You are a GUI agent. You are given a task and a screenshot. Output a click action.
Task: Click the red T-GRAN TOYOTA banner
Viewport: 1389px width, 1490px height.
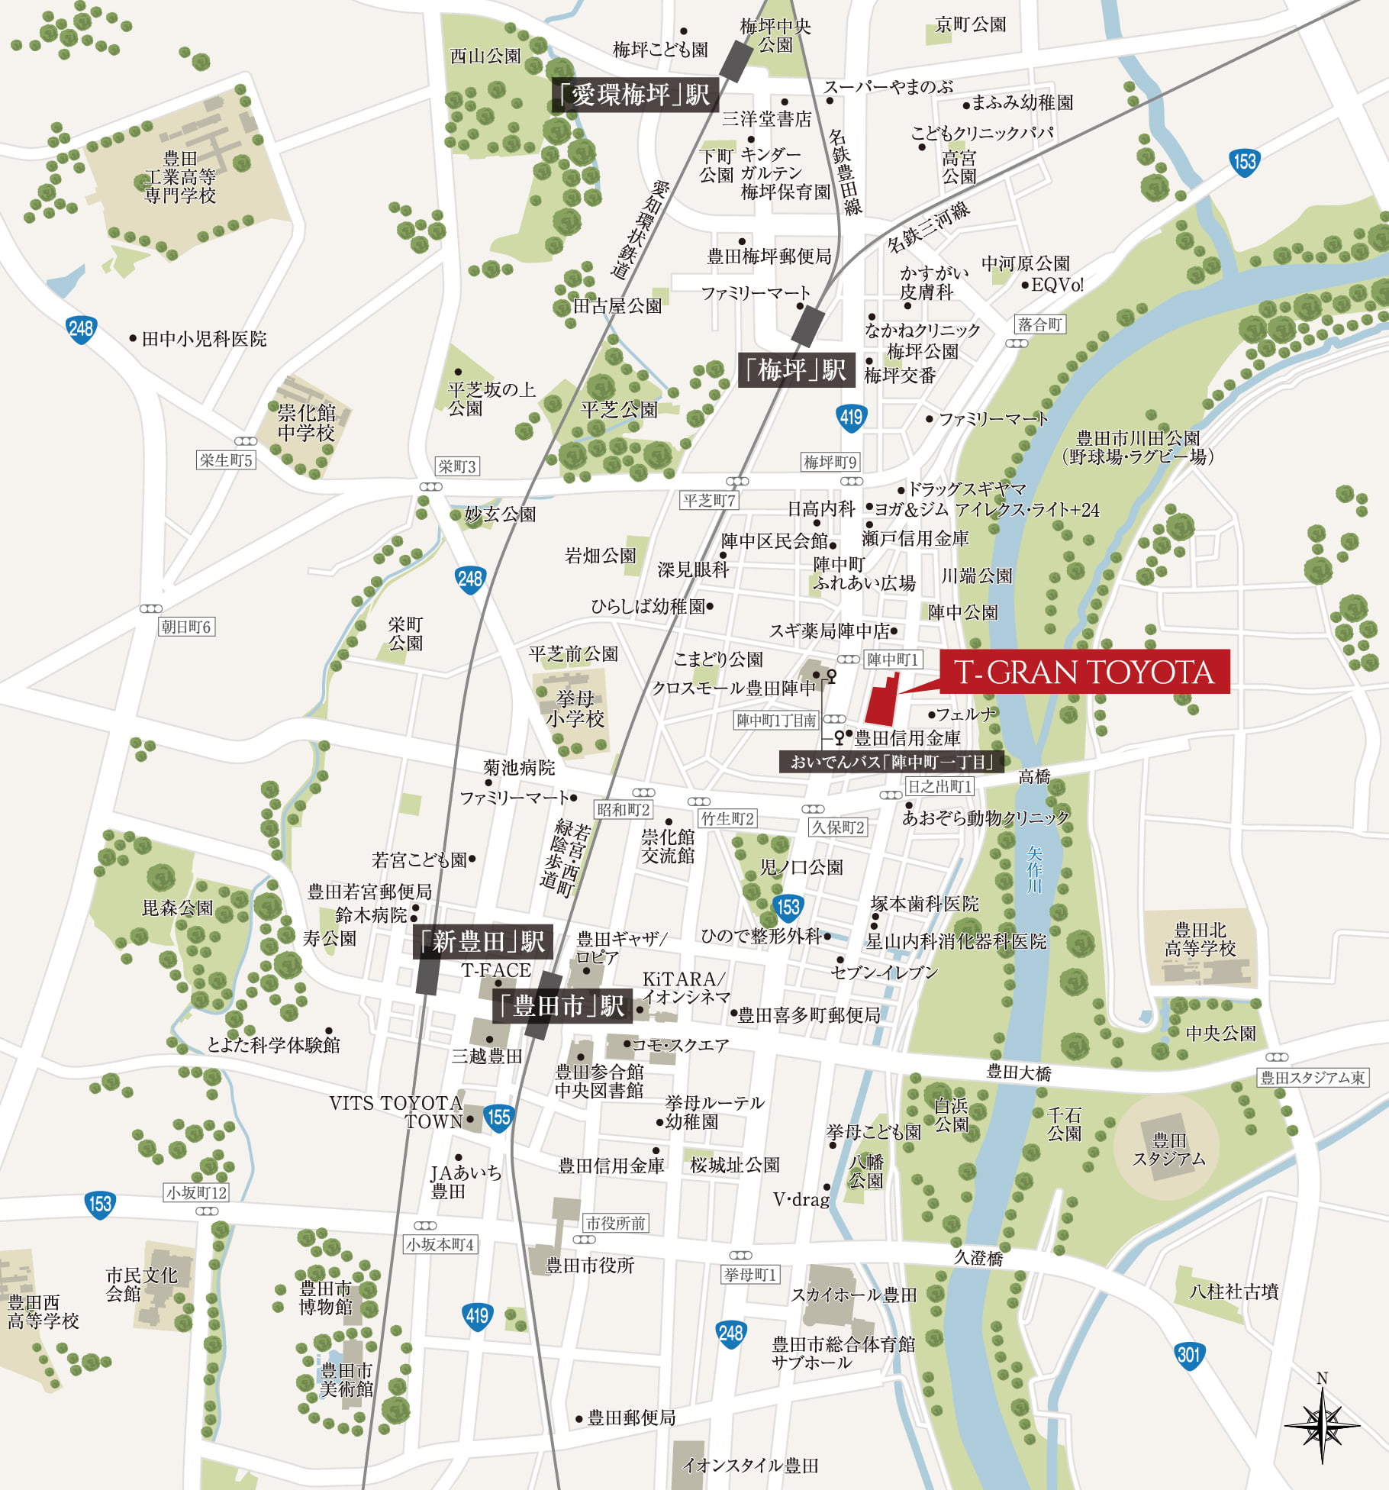(1084, 672)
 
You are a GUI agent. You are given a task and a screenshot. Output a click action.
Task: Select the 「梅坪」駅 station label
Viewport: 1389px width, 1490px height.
(796, 370)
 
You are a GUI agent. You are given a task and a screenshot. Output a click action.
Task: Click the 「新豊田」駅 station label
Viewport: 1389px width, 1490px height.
(482, 942)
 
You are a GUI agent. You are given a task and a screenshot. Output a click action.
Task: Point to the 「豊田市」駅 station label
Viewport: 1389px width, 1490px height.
(562, 1006)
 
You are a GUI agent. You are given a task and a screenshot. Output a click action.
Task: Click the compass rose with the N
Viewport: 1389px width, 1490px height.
(1322, 1424)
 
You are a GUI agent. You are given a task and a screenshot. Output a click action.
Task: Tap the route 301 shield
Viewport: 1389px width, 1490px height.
(1188, 1355)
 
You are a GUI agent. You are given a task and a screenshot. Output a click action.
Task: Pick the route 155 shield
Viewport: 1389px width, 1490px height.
(498, 1117)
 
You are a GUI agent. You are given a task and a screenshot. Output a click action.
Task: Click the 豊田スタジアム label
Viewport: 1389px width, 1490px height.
(1168, 1150)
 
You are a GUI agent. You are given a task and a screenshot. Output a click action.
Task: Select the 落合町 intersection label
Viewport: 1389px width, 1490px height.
(1039, 324)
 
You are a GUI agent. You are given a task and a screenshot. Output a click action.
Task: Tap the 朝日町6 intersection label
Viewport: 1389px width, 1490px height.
(186, 627)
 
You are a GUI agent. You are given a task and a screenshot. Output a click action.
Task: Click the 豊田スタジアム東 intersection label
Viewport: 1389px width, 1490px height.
(1313, 1077)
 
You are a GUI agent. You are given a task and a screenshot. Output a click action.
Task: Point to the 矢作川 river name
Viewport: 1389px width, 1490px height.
(1034, 869)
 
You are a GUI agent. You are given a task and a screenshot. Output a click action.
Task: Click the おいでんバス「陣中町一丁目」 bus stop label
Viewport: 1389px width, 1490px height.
(891, 761)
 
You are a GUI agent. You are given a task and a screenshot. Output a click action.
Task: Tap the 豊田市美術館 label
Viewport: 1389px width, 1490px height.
(346, 1379)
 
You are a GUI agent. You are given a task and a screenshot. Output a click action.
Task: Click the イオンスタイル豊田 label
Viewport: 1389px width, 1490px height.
(750, 1465)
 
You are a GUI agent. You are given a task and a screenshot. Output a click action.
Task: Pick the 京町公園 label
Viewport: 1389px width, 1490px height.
(970, 24)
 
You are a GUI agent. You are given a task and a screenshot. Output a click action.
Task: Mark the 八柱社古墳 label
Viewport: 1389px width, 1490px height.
(1233, 1292)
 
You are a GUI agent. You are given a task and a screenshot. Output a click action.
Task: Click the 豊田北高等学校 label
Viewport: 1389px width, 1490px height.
(1200, 940)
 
